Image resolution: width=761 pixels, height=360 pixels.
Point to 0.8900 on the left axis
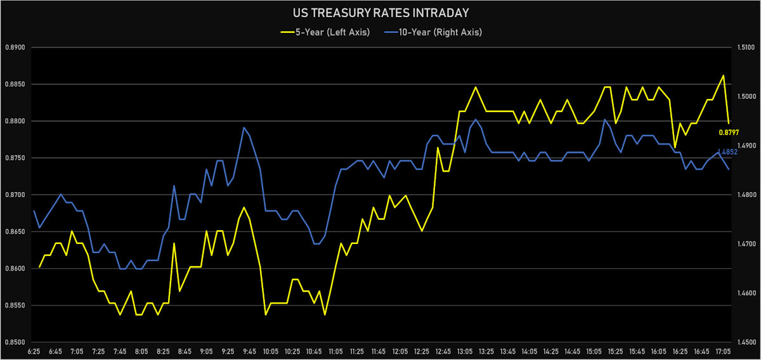coord(14,48)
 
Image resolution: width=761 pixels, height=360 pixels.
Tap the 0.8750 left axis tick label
coord(14,158)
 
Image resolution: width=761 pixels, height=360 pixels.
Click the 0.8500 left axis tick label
coord(14,342)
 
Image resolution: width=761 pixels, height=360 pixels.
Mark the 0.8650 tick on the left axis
coord(14,232)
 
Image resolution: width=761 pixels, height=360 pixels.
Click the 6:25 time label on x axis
coord(34,350)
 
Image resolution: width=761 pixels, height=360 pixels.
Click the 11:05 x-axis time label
coord(335,350)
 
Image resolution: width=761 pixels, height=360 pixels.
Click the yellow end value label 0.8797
coord(729,132)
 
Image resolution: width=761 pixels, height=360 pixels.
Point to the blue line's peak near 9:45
coord(244,127)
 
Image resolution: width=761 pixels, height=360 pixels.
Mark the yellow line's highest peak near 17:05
coord(723,75)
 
